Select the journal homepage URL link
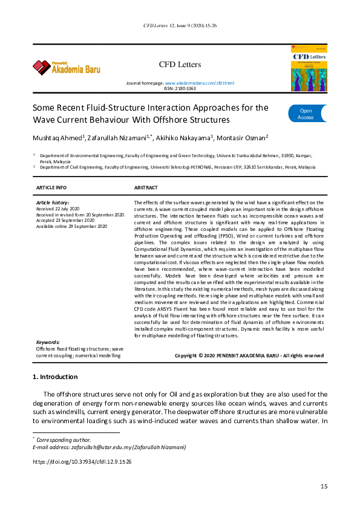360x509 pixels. (x=199, y=82)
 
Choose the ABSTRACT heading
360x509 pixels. (x=146, y=187)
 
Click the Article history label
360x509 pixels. (x=53, y=203)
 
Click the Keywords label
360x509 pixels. (x=48, y=343)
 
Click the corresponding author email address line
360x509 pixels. (x=109, y=447)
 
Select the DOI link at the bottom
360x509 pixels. (x=82, y=461)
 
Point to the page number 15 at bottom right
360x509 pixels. (x=324, y=487)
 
